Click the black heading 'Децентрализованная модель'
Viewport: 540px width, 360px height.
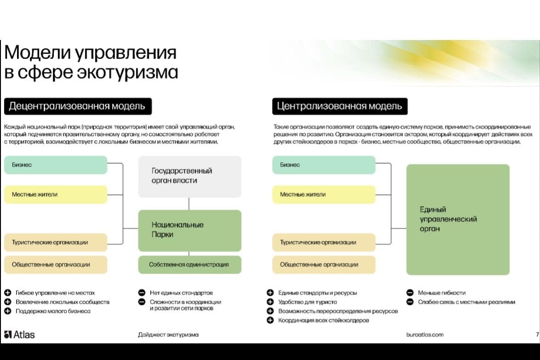(x=78, y=106)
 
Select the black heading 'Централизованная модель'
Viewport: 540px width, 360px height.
(x=340, y=106)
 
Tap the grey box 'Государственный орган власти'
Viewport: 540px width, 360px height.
(x=190, y=177)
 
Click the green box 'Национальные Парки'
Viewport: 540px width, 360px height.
(x=190, y=230)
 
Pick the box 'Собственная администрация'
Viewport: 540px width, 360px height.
(x=190, y=264)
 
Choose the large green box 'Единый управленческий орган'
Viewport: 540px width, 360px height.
(x=458, y=219)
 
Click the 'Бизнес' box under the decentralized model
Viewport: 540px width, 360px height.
(x=56, y=165)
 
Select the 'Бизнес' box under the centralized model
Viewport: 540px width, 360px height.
(x=324, y=165)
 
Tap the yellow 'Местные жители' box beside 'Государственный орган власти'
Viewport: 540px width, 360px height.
(x=56, y=194)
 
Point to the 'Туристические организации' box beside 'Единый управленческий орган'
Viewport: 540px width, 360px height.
(x=324, y=242)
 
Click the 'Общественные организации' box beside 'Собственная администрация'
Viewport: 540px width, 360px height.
(x=56, y=264)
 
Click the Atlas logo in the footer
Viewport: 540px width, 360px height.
(x=19, y=335)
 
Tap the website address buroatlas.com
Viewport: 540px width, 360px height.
(x=425, y=335)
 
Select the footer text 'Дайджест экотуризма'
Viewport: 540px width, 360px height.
(x=168, y=335)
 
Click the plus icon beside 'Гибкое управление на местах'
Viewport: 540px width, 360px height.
(x=7, y=293)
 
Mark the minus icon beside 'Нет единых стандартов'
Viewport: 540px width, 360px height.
(x=142, y=293)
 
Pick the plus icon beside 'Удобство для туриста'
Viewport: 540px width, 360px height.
(x=270, y=302)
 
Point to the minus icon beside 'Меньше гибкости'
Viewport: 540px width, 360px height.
(x=410, y=293)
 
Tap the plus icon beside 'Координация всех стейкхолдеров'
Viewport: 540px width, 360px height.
(x=270, y=320)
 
